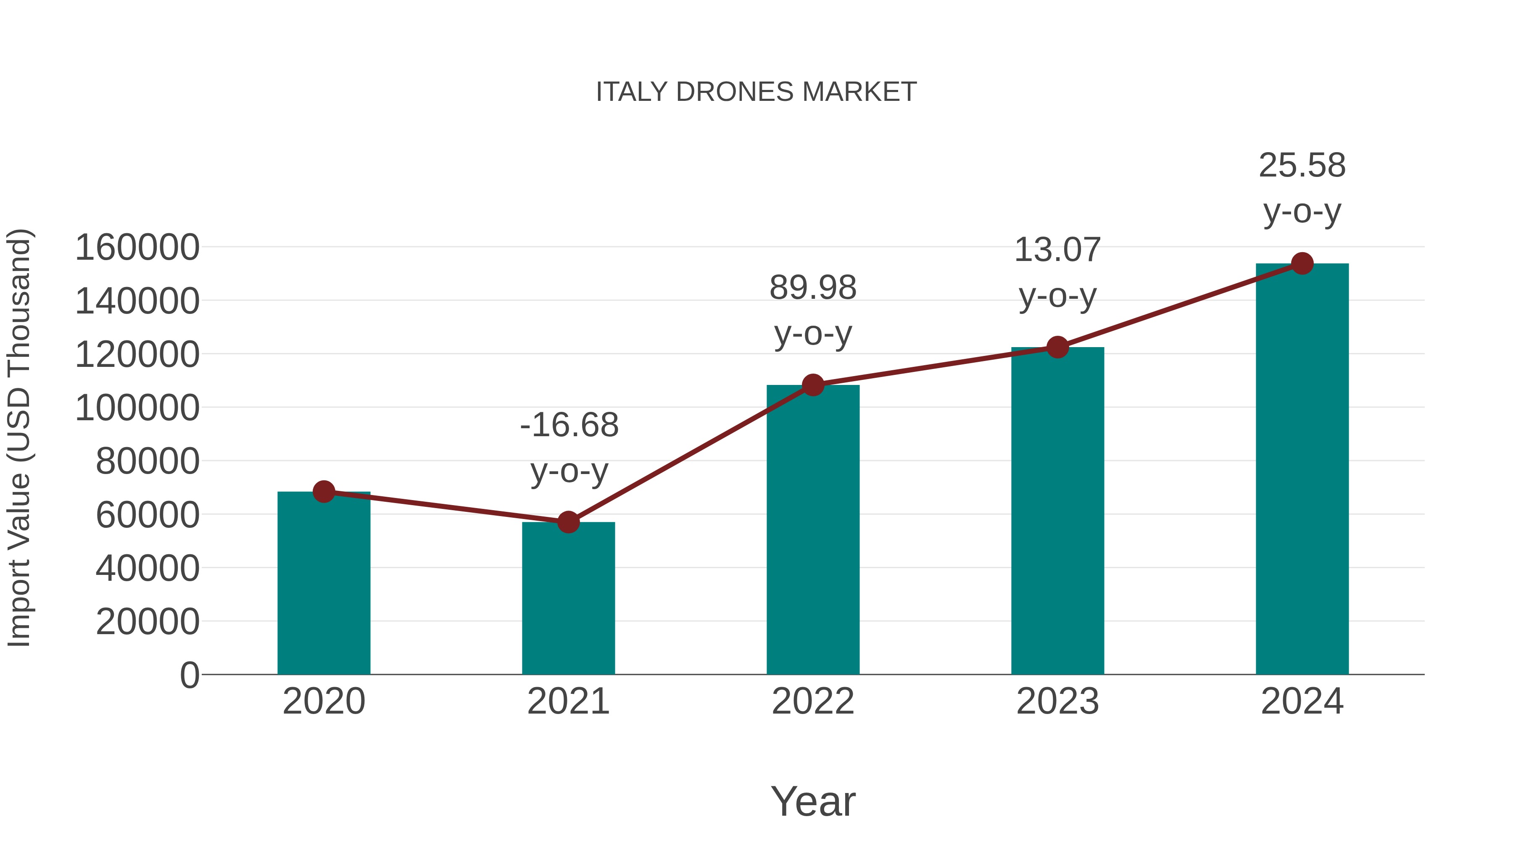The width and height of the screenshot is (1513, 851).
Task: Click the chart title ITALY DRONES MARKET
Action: click(756, 92)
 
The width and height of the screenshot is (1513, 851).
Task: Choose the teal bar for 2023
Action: click(1057, 511)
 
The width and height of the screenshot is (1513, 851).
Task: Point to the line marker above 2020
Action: click(324, 492)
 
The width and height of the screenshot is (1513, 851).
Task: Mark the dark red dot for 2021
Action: click(568, 522)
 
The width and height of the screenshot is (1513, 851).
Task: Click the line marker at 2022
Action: click(813, 385)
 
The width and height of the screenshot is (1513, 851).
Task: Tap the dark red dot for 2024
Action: click(1302, 263)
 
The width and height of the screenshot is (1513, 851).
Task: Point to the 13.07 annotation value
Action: click(1057, 250)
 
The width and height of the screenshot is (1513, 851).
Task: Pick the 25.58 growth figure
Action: click(1302, 165)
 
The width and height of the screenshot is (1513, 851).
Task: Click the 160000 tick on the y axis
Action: click(137, 247)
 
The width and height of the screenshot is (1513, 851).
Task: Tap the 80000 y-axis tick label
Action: click(148, 461)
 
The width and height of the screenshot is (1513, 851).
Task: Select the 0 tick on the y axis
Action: click(189, 675)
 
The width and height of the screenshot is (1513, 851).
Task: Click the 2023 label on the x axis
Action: click(1057, 701)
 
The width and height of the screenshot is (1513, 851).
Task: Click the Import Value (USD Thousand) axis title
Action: click(19, 437)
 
